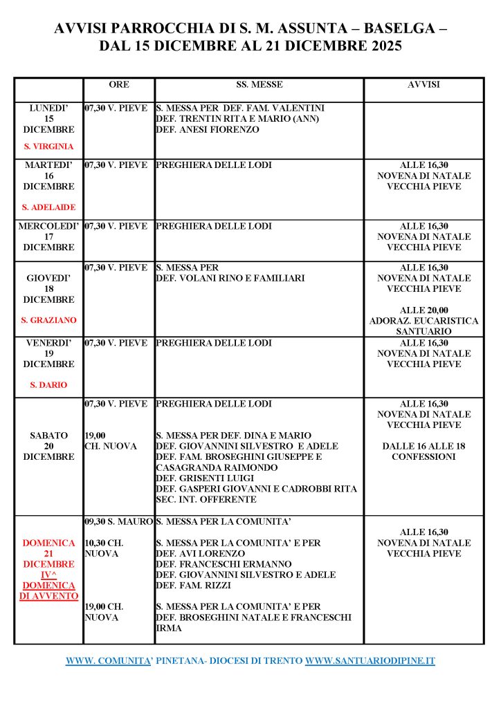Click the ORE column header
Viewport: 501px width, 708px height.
pyautogui.click(x=119, y=85)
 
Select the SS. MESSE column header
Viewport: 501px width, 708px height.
pyautogui.click(x=259, y=85)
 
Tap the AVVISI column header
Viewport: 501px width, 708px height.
pyautogui.click(x=423, y=85)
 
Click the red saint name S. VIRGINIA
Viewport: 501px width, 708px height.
pyautogui.click(x=48, y=147)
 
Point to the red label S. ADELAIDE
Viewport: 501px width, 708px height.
pyautogui.click(x=48, y=207)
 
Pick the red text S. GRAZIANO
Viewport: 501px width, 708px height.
pyautogui.click(x=48, y=321)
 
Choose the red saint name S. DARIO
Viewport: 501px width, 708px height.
pyautogui.click(x=48, y=384)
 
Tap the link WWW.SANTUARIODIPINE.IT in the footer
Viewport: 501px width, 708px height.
pyautogui.click(x=370, y=661)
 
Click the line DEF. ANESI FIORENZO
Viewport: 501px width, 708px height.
pyautogui.click(x=208, y=129)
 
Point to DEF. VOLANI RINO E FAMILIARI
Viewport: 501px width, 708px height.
pyautogui.click(x=230, y=278)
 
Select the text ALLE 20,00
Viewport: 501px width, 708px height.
pyautogui.click(x=423, y=310)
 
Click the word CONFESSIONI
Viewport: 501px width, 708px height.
pyautogui.click(x=423, y=457)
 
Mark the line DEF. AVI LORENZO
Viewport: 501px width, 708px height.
pyautogui.click(x=201, y=554)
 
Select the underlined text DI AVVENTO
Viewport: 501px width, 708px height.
pyautogui.click(x=48, y=596)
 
